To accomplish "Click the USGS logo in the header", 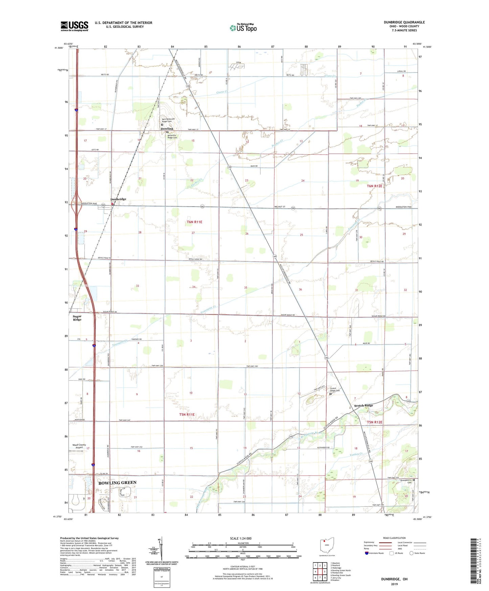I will tap(74, 26).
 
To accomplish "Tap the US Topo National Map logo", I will tap(243, 27).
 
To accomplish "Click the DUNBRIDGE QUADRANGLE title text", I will tap(404, 22).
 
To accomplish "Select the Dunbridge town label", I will tap(118, 199).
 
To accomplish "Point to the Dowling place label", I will tap(167, 129).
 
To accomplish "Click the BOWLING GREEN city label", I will tap(117, 483).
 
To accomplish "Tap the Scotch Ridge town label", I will tap(363, 406).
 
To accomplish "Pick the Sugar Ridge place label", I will tap(77, 318).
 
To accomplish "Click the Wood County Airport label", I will tap(79, 446).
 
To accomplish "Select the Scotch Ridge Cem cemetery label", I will tap(335, 390).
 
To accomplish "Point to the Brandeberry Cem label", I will tap(405, 481).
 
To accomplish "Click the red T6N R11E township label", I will tap(194, 222).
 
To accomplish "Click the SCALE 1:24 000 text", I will tap(241, 539).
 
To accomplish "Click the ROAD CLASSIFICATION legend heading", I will tap(394, 538).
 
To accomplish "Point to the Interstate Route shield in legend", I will tap(367, 553).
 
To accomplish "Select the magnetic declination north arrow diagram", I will tap(161, 549).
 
